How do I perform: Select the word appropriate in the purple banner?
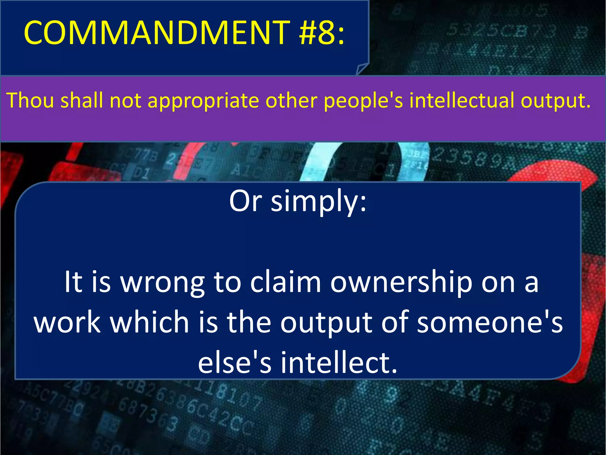pos(203,101)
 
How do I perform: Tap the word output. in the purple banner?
pos(556,101)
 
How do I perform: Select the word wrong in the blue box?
pos(162,283)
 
